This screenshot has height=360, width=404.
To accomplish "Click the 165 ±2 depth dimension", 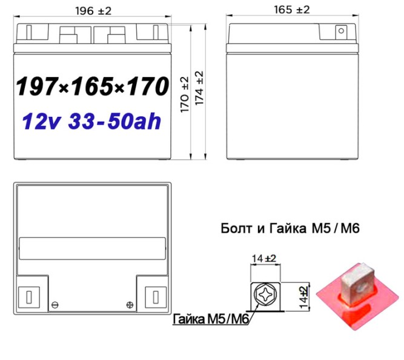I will click(292, 10).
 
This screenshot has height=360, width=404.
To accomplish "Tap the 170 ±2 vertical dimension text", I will click(185, 95).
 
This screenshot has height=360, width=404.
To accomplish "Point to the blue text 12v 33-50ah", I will click(91, 121).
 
